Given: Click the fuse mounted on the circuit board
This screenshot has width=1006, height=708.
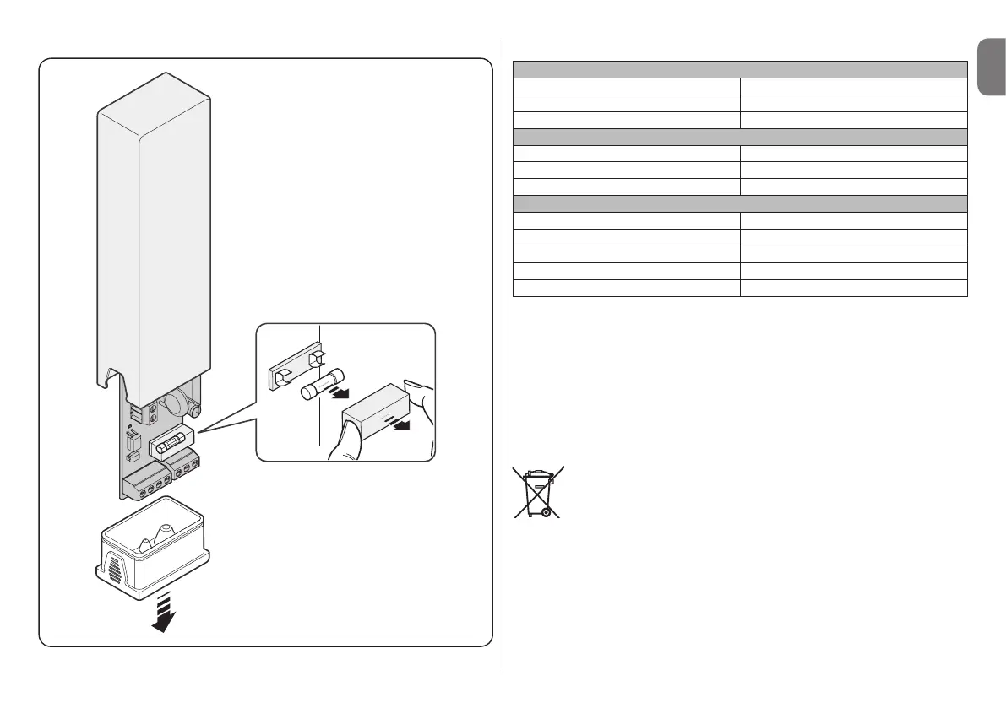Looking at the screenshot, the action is tap(171, 444).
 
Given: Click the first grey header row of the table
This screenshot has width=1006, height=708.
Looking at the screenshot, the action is tap(740, 69).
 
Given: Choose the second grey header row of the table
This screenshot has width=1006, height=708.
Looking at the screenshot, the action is tap(740, 137).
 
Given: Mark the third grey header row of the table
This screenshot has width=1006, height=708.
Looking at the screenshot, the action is tap(740, 203).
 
